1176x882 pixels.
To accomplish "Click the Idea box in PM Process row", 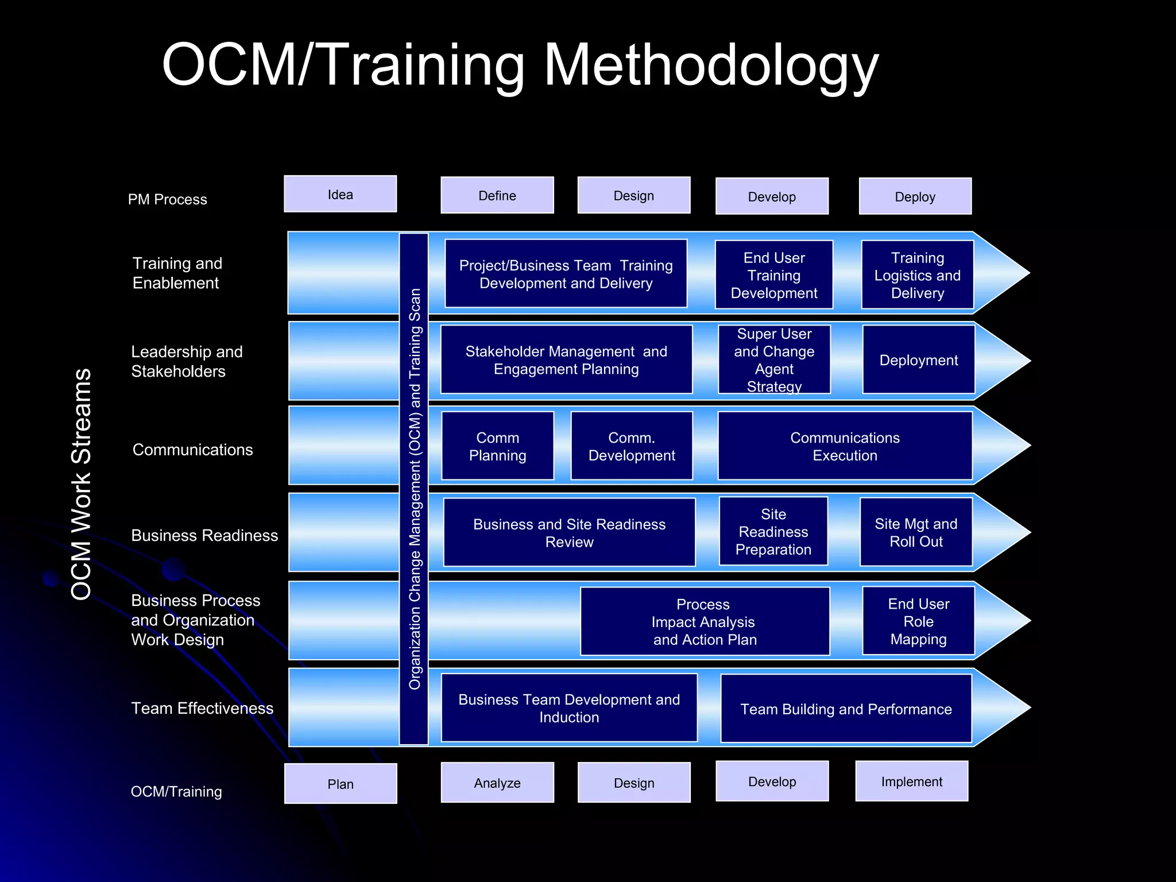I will (340, 194).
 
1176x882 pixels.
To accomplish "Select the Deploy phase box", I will (915, 196).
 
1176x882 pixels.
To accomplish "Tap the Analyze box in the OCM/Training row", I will (497, 783).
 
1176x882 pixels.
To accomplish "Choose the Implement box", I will (911, 782).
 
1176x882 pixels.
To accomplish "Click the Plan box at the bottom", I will (340, 784).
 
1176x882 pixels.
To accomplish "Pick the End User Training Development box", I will (773, 275).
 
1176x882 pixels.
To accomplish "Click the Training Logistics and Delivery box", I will (917, 275).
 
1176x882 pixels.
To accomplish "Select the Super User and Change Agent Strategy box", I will (773, 359).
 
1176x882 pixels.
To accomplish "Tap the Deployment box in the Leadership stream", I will (918, 360).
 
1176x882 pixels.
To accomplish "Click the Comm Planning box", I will (497, 446).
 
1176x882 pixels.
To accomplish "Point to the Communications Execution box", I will (844, 446).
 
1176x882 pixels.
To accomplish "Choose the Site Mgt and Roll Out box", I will (915, 532).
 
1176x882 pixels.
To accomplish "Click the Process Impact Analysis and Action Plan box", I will (705, 621).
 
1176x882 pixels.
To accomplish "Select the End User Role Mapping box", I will (918, 621).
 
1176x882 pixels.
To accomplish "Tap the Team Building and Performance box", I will (845, 709).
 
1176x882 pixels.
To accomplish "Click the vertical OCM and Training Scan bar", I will (414, 488).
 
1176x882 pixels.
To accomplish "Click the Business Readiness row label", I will (204, 535).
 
